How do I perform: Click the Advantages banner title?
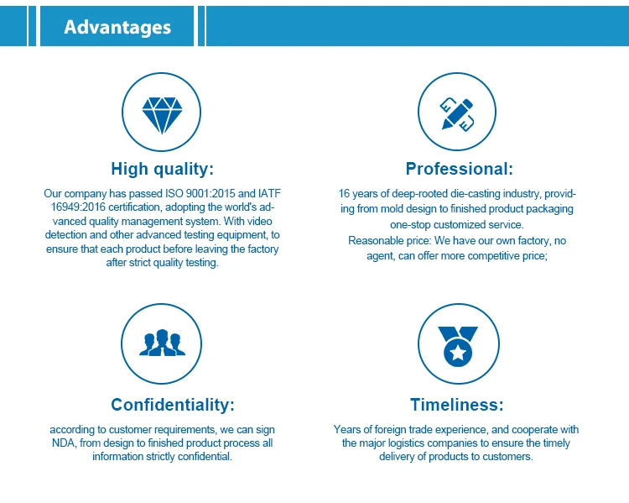(117, 28)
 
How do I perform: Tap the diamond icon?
(162, 115)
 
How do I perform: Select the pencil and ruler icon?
(457, 114)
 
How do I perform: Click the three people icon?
(162, 343)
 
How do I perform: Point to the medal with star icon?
(458, 346)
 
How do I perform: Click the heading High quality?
(162, 169)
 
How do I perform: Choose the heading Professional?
(460, 169)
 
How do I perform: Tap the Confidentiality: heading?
(173, 405)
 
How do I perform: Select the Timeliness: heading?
(456, 405)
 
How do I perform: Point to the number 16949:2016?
(78, 207)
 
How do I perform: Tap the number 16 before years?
(344, 194)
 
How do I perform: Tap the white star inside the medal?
(458, 354)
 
